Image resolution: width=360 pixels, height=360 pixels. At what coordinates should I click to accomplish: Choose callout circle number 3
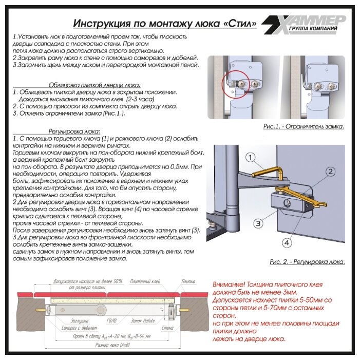(259, 223)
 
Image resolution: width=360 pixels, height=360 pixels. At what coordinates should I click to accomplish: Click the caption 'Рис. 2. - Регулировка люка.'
(307, 262)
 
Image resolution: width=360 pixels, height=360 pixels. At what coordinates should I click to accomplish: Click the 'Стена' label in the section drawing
(168, 327)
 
